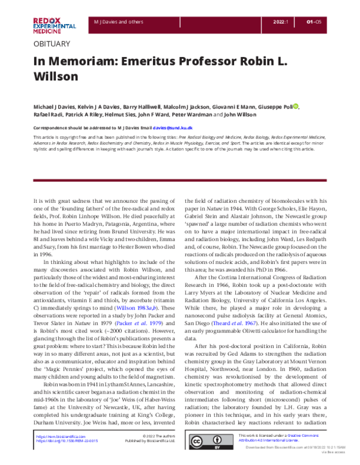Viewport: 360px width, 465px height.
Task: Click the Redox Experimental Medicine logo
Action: (x=55, y=22)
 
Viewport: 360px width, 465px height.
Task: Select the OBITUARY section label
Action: (x=53, y=44)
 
